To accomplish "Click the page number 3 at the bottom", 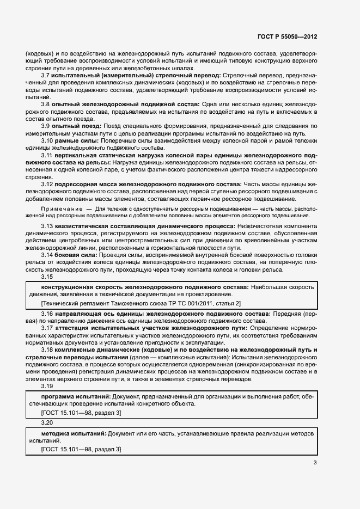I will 314,463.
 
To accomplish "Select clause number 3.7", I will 46,75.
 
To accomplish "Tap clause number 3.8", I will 46,103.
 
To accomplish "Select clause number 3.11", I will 47,155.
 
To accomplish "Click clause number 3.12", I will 47,184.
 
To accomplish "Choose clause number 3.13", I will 47,225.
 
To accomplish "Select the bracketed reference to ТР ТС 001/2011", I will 141,303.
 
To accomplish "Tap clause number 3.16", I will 47,314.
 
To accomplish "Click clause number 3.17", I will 47,328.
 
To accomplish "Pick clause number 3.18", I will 47,349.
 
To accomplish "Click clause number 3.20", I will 47,422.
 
